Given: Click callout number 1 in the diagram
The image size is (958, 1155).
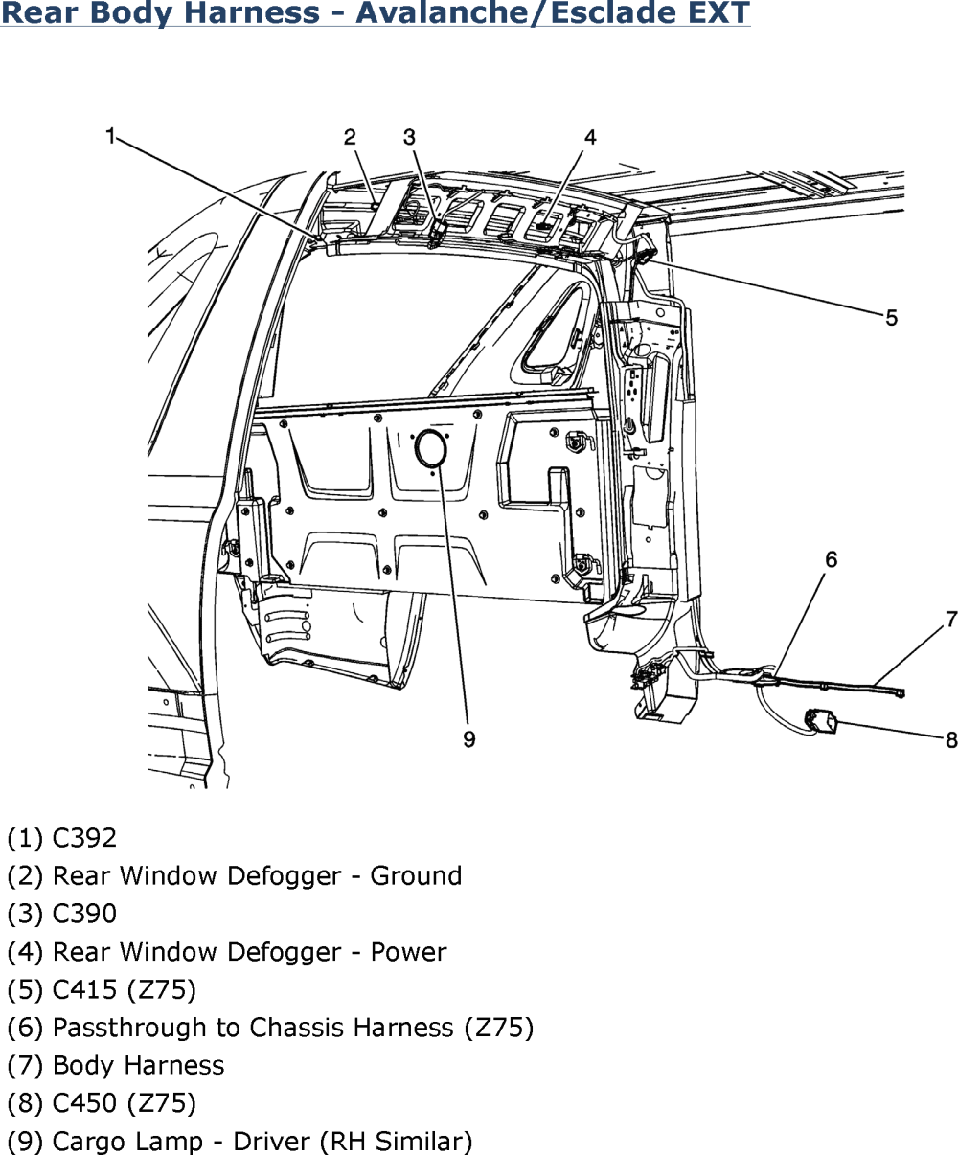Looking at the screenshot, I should [x=111, y=136].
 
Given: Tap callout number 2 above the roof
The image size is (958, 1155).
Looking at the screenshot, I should [x=351, y=136].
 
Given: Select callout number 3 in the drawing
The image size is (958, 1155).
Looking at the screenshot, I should [x=409, y=136].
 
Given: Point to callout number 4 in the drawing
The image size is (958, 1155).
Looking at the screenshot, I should [x=589, y=136].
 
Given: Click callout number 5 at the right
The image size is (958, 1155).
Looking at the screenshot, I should [x=891, y=317].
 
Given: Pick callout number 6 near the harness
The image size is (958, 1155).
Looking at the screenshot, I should [x=831, y=558].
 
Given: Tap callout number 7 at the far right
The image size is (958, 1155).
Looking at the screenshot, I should [x=950, y=620].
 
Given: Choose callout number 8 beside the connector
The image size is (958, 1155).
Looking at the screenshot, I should [x=950, y=738].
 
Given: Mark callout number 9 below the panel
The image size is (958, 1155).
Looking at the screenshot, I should [x=469, y=738].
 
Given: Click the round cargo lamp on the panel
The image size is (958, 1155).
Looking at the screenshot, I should [x=428, y=448].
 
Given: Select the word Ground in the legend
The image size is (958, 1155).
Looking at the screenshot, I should [x=415, y=876].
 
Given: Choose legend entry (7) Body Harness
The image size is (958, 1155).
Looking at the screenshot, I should [x=115, y=1065].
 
